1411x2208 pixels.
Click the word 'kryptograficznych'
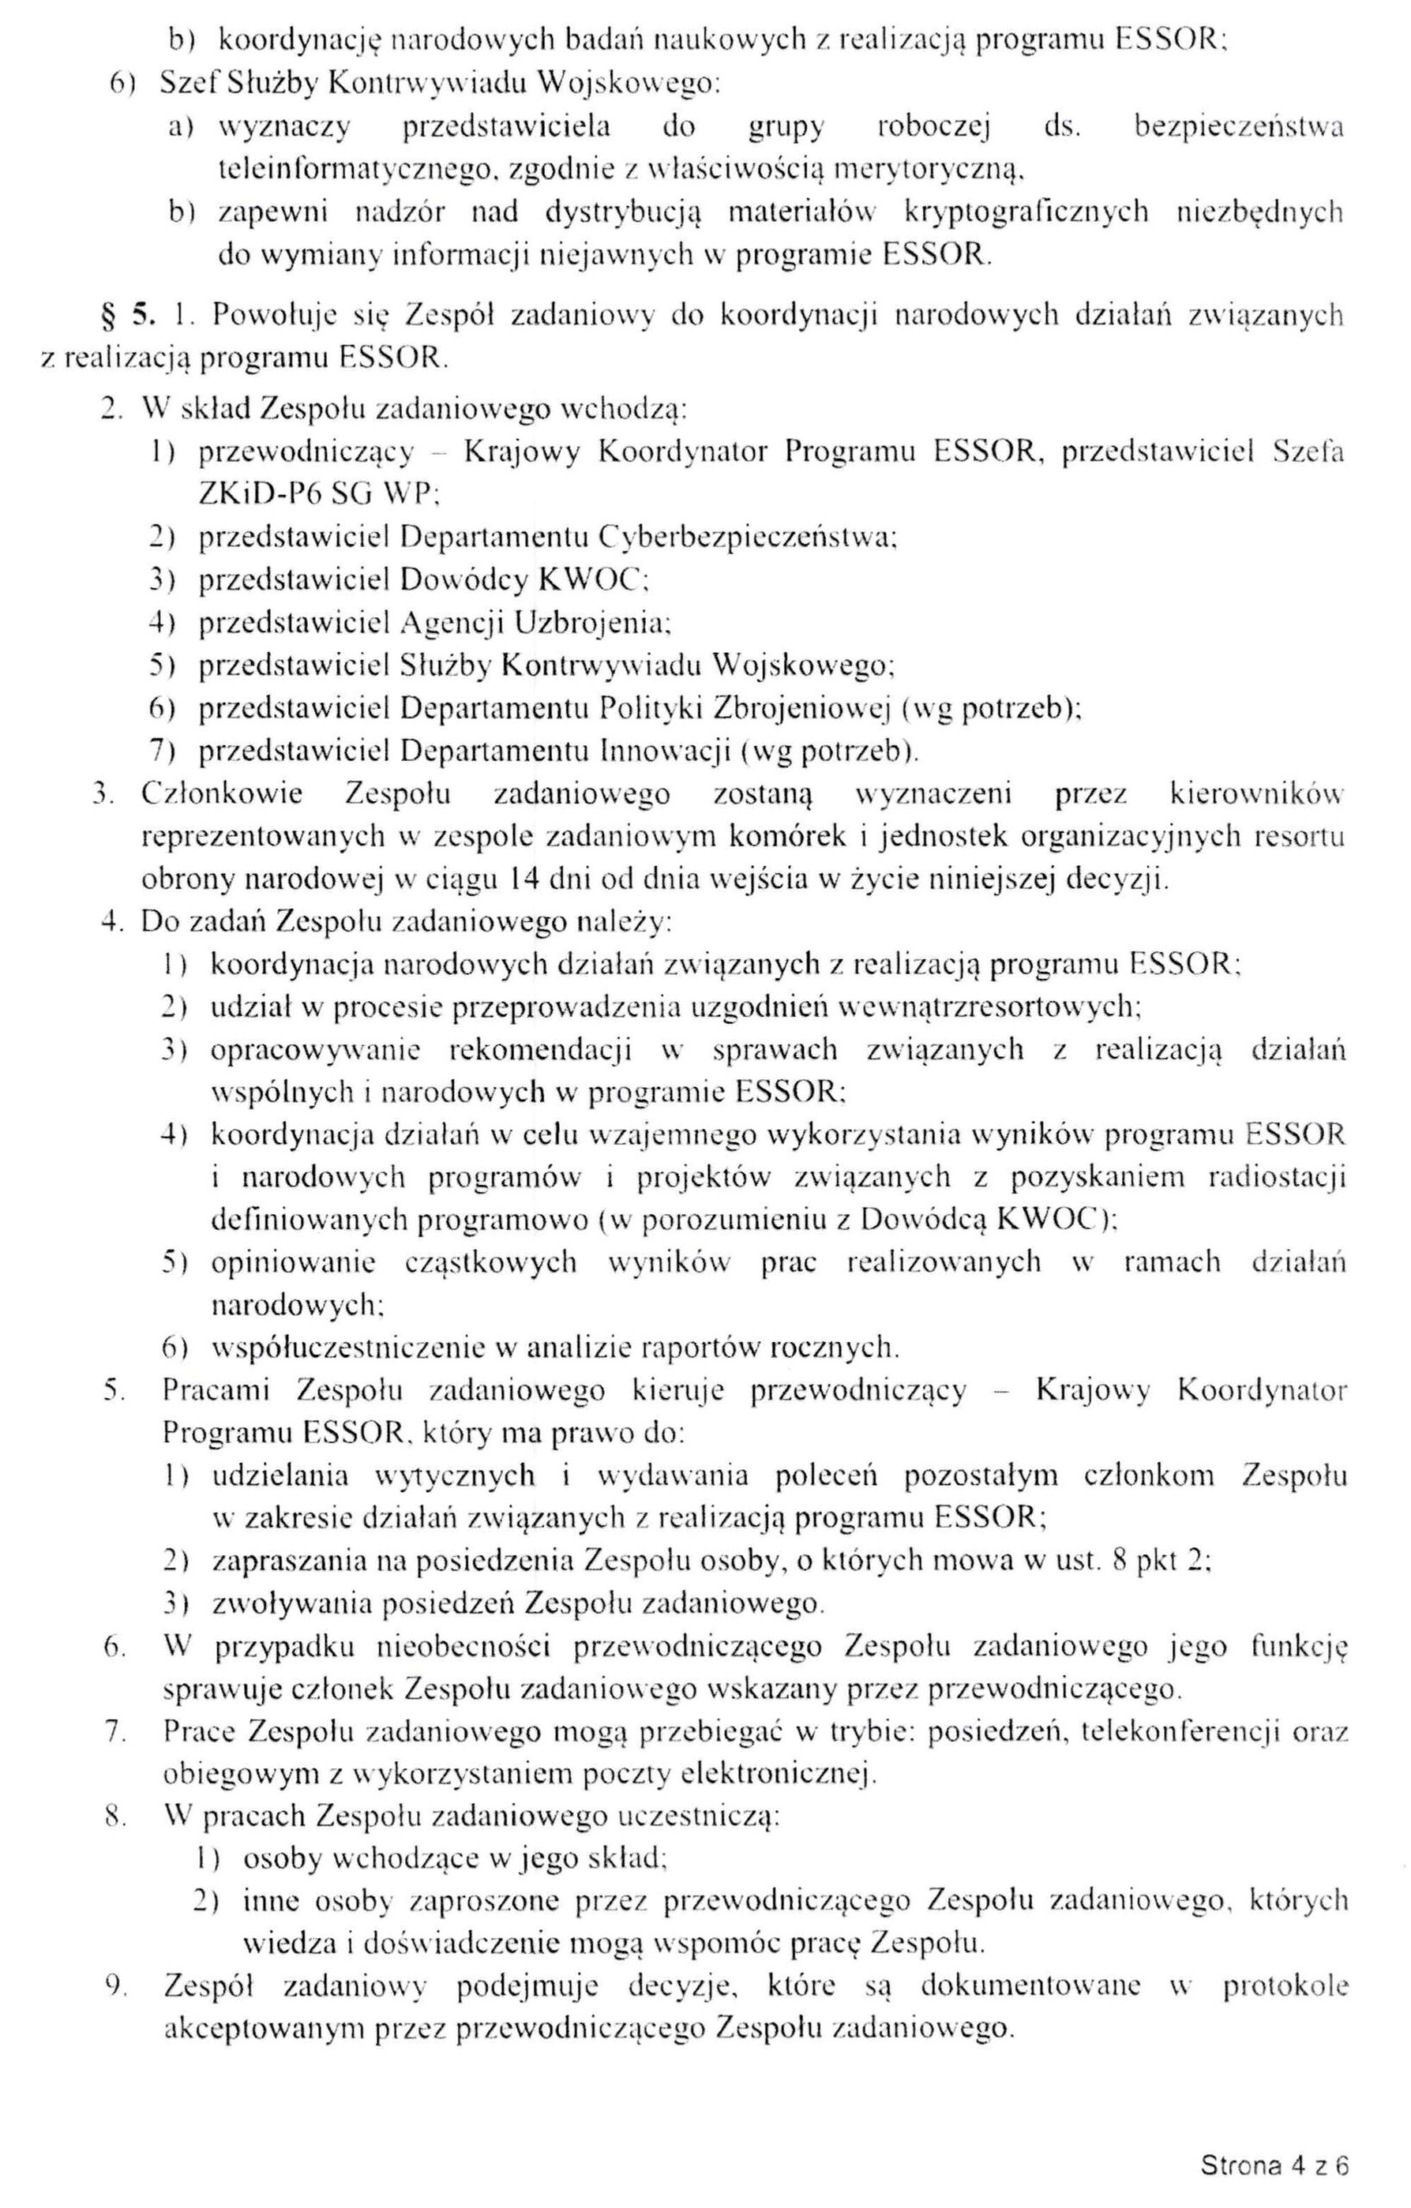click(x=1026, y=212)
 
